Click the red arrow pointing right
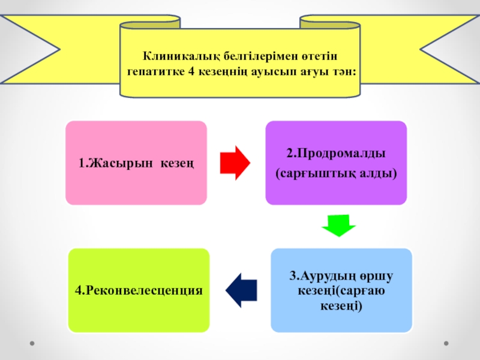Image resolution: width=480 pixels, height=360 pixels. click(x=235, y=163)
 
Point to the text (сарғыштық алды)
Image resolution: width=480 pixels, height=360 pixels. click(x=337, y=173)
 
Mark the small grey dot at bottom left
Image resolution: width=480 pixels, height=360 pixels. click(x=33, y=344)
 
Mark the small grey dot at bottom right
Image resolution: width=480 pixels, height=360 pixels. click(x=446, y=344)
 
